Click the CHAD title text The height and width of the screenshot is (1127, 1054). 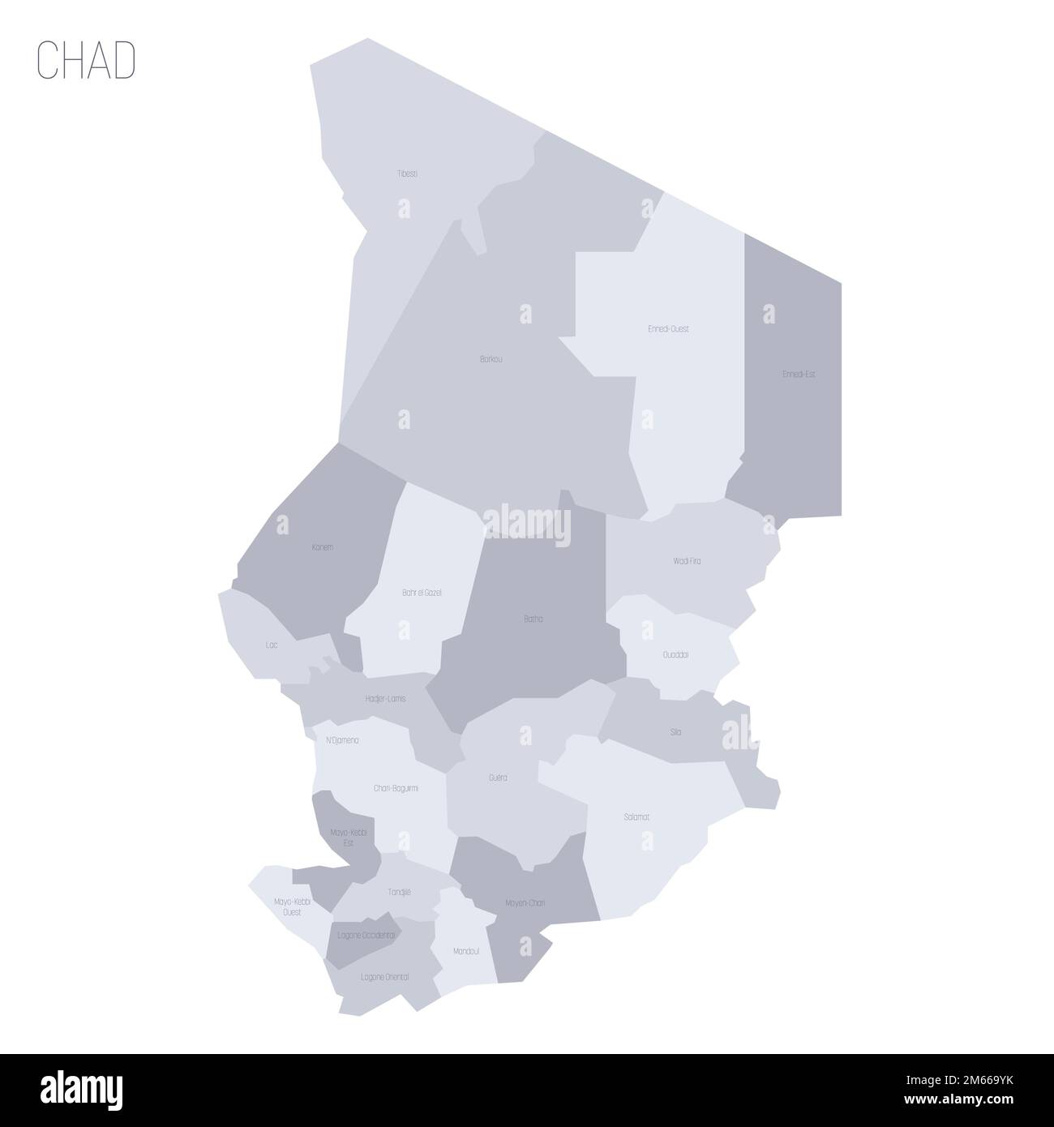coord(86,62)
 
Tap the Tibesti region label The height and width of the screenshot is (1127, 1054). coord(408,174)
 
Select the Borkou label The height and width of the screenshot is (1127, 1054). coord(491,358)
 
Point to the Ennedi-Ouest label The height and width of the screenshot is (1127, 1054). coord(669,329)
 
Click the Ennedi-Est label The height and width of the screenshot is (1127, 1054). coord(799,375)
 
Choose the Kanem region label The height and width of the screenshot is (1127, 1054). coord(322,547)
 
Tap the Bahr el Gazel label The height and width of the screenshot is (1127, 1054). coord(422,593)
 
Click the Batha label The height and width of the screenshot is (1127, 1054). coord(533,619)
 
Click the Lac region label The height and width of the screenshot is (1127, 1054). coord(272,645)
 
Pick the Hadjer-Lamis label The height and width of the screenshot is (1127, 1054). coord(386,698)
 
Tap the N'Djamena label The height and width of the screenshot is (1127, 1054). coord(342,740)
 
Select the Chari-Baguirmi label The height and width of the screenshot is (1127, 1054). coord(396,787)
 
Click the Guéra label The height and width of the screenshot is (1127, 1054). coord(498,778)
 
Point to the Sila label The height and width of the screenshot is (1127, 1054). coord(675,732)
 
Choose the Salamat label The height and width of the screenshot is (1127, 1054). coord(636,816)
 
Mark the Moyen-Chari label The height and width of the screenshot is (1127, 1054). coord(525,902)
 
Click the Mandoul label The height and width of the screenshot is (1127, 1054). coord(467,951)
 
